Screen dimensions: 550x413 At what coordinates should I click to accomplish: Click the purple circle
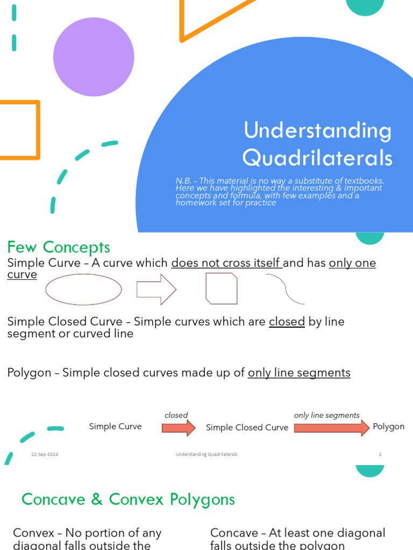(94, 56)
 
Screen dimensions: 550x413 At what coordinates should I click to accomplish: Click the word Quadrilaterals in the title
(317, 158)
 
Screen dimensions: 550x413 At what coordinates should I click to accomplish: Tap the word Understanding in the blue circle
(317, 131)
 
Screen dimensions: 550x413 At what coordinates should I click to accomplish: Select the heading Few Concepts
(58, 247)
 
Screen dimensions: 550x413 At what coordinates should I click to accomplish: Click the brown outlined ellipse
(83, 289)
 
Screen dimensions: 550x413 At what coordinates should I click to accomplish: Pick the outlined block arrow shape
(156, 289)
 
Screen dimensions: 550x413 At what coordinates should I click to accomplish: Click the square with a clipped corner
(221, 288)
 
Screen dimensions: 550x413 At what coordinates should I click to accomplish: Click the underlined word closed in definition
(287, 322)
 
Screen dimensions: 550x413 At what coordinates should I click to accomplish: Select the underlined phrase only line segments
(298, 372)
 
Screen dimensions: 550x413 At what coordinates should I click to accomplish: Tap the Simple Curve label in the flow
(115, 426)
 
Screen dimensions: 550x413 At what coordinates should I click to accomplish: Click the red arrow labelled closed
(179, 428)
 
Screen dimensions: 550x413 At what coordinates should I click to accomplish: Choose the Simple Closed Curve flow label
(247, 428)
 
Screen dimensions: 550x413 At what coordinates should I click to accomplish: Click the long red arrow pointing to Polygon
(331, 428)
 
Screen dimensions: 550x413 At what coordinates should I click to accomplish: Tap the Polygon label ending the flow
(388, 426)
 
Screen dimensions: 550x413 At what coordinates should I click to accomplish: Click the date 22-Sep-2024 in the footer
(45, 454)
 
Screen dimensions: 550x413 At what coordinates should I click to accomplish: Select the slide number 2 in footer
(380, 454)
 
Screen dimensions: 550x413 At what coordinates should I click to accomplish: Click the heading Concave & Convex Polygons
(128, 499)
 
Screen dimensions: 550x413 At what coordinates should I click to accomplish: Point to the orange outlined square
(19, 130)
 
